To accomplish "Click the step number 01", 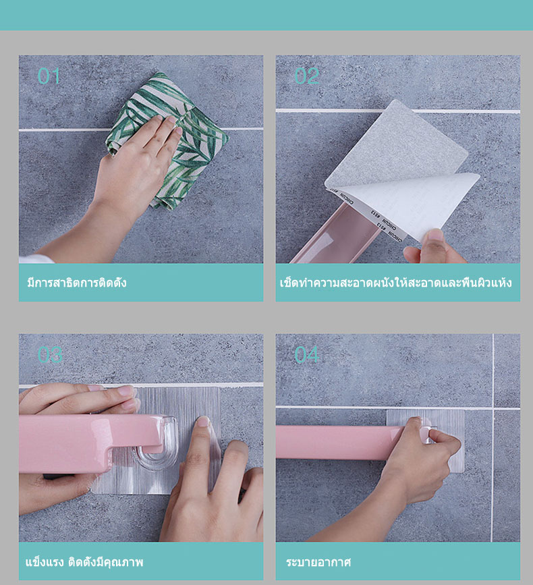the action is [49, 76].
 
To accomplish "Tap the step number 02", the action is [306, 76].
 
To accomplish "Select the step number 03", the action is [50, 355].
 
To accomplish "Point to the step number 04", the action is [306, 355].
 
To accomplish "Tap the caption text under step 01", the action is [77, 283].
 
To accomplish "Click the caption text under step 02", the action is [396, 283].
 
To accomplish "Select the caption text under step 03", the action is [84, 562].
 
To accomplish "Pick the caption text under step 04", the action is [318, 562].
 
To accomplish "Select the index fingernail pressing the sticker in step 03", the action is [203, 421].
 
